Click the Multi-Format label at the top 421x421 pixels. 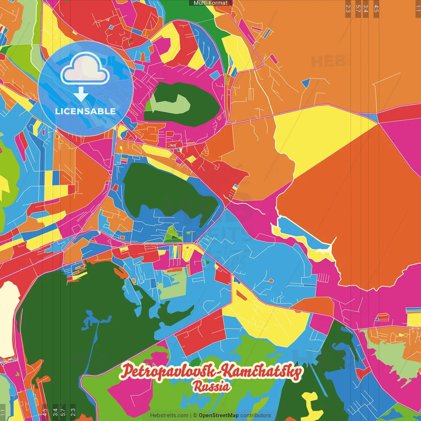pyautogui.click(x=210, y=3)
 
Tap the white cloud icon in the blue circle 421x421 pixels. pyautogui.click(x=85, y=69)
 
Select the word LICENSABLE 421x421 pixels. pyautogui.click(x=86, y=111)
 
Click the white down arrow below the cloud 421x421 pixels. pyautogui.click(x=81, y=95)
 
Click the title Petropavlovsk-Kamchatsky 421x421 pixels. pyautogui.click(x=210, y=371)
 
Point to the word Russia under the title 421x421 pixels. pyautogui.click(x=211, y=386)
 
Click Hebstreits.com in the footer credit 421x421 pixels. pyautogui.click(x=169, y=415)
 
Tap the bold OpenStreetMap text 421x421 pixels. pyautogui.click(x=219, y=415)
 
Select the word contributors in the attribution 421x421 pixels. pyautogui.click(x=256, y=415)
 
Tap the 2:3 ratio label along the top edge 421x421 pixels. pyautogui.click(x=348, y=9)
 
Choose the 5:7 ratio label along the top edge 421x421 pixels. pyautogui.click(x=358, y=9)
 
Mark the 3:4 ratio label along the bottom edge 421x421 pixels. pyautogui.click(x=55, y=412)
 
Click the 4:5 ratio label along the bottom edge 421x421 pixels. pyautogui.click(x=45, y=412)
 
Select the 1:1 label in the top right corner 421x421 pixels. pyautogui.click(x=418, y=9)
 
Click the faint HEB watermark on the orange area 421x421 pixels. pyautogui.click(x=329, y=62)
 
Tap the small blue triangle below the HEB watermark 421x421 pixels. pyautogui.click(x=306, y=83)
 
